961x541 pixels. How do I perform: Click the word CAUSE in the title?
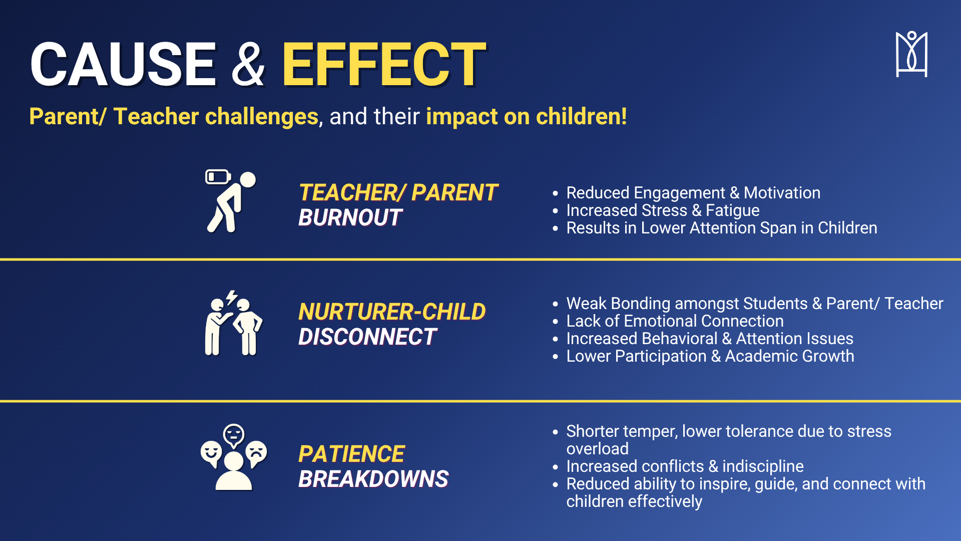[x=123, y=64]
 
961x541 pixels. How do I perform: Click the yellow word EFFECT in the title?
[x=384, y=64]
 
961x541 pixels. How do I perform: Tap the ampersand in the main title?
[x=248, y=64]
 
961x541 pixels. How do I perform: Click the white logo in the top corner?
[x=911, y=54]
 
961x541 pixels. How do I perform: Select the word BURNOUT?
[x=350, y=218]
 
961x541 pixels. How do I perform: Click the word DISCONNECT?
[x=368, y=337]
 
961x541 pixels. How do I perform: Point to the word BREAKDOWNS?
[x=373, y=479]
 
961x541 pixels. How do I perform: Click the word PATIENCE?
[x=351, y=454]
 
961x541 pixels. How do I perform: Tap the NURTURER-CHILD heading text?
[x=392, y=312]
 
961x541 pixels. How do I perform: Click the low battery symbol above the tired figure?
[x=218, y=177]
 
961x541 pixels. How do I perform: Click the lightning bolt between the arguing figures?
[x=231, y=298]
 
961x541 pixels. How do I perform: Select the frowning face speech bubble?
[x=257, y=453]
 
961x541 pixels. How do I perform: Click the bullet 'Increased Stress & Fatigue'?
[x=663, y=210]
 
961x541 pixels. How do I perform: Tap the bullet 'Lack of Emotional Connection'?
[x=675, y=321]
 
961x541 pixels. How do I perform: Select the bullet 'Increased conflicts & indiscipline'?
[x=685, y=466]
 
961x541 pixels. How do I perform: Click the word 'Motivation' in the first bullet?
[x=782, y=193]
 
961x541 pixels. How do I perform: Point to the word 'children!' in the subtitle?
[x=581, y=116]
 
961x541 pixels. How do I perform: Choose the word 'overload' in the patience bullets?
[x=597, y=449]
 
